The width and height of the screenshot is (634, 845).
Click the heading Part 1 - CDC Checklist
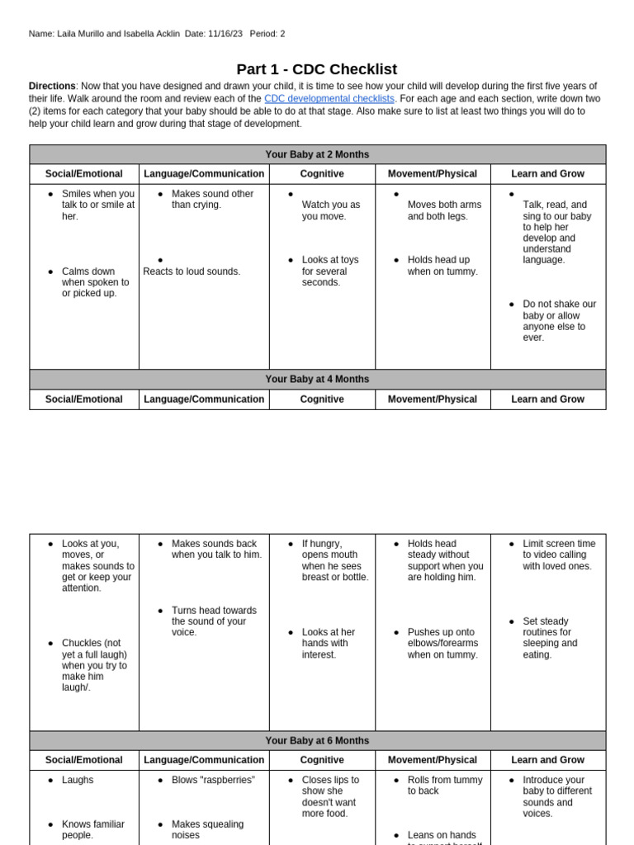point(317,69)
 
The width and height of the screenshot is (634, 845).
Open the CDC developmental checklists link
point(329,99)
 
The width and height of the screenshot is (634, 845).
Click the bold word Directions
point(52,86)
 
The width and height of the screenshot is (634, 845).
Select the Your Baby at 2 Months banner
point(317,154)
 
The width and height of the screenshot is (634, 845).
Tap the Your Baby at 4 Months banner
point(317,380)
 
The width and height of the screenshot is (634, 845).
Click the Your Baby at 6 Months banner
point(317,741)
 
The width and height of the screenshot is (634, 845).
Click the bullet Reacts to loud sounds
point(192,271)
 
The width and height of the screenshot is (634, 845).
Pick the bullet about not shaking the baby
point(559,320)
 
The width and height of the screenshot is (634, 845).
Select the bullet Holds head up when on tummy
point(442,266)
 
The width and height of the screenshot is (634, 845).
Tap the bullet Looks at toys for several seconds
point(330,271)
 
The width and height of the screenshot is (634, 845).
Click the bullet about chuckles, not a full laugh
point(95,665)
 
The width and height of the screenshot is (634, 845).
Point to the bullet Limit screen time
point(558,555)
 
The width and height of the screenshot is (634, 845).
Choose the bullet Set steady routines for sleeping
point(551,638)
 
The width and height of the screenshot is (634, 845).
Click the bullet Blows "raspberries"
point(213,780)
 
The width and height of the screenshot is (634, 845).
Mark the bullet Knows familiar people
point(93,829)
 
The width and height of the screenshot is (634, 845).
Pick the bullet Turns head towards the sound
point(213,621)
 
